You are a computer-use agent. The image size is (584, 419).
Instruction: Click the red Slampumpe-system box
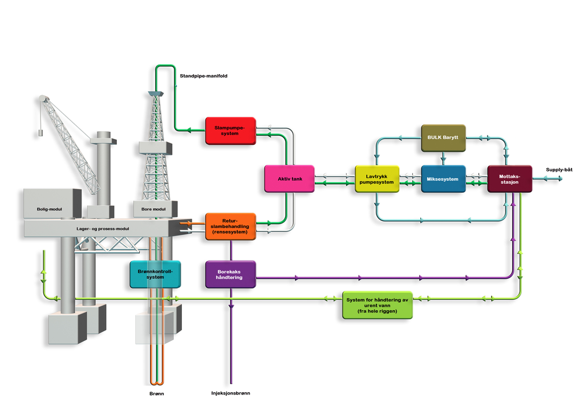(230, 131)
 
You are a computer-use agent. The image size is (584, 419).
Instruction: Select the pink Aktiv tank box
(289, 179)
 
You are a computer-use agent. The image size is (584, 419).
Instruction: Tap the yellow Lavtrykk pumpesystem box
(377, 179)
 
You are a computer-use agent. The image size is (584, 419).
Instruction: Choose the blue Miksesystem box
(443, 179)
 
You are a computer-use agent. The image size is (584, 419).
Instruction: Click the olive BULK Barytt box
(443, 138)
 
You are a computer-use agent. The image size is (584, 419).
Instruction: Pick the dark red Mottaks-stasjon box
(509, 179)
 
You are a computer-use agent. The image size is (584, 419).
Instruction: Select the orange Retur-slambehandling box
(230, 226)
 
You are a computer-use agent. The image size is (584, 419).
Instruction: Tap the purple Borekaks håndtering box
(230, 275)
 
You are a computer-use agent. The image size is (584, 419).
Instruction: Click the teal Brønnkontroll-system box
(155, 275)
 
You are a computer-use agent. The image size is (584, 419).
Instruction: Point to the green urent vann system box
(378, 306)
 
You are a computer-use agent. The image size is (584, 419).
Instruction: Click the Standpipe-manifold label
(204, 76)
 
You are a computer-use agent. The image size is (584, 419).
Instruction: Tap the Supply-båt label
(559, 170)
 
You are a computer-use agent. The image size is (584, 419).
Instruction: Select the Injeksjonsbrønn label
(230, 393)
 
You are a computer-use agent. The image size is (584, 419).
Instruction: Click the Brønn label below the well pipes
(156, 394)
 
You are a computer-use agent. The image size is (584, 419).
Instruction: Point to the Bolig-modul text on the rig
(49, 209)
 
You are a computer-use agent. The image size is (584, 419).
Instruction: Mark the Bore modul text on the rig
(153, 209)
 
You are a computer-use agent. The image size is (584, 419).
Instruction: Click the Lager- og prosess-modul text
(103, 229)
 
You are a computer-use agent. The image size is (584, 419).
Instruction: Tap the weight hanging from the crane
(40, 133)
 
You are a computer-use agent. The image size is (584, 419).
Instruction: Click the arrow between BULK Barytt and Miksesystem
(443, 158)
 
